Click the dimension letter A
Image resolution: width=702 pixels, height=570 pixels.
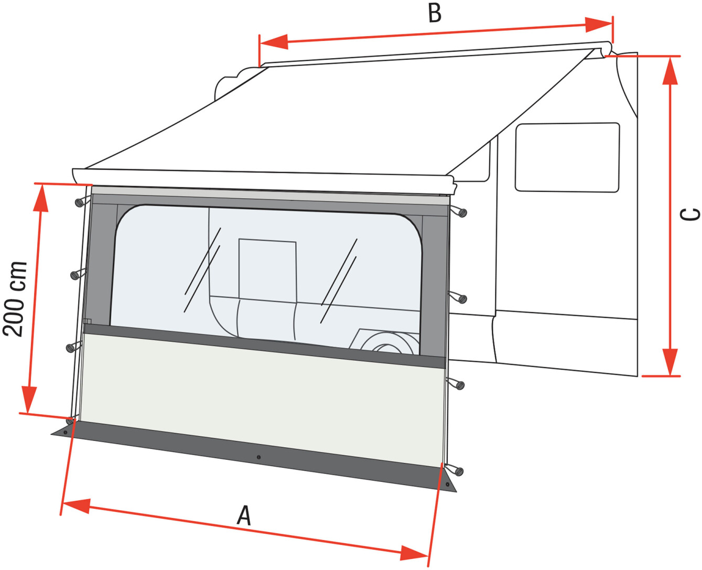(244, 515)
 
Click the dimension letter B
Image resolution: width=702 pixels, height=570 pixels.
(435, 14)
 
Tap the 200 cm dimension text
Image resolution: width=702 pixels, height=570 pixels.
(15, 299)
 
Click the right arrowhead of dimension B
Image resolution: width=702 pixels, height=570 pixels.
(599, 25)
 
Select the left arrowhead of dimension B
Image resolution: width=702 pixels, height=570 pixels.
(274, 41)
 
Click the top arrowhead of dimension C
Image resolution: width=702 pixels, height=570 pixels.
(669, 70)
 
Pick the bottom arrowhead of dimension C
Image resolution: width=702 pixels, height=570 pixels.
(669, 362)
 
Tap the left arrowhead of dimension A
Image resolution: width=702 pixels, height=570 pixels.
(76, 506)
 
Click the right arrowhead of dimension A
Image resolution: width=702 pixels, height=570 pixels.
(414, 553)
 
